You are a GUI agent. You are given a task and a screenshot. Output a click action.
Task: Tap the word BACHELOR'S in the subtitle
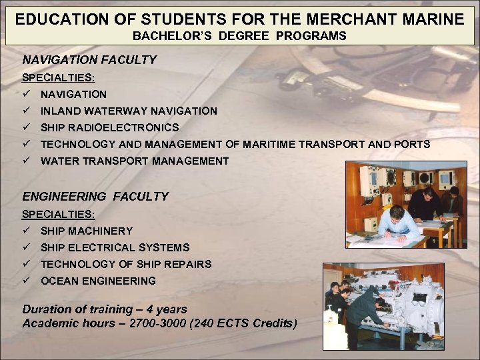coord(164,36)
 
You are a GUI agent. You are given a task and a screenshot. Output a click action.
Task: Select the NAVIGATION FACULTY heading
coord(89,60)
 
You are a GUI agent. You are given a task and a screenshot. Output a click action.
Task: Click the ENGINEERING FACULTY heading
coord(95,197)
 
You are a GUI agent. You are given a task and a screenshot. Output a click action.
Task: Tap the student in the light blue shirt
coord(398,223)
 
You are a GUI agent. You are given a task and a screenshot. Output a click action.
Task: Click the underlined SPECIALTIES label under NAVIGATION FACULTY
coord(58,78)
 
